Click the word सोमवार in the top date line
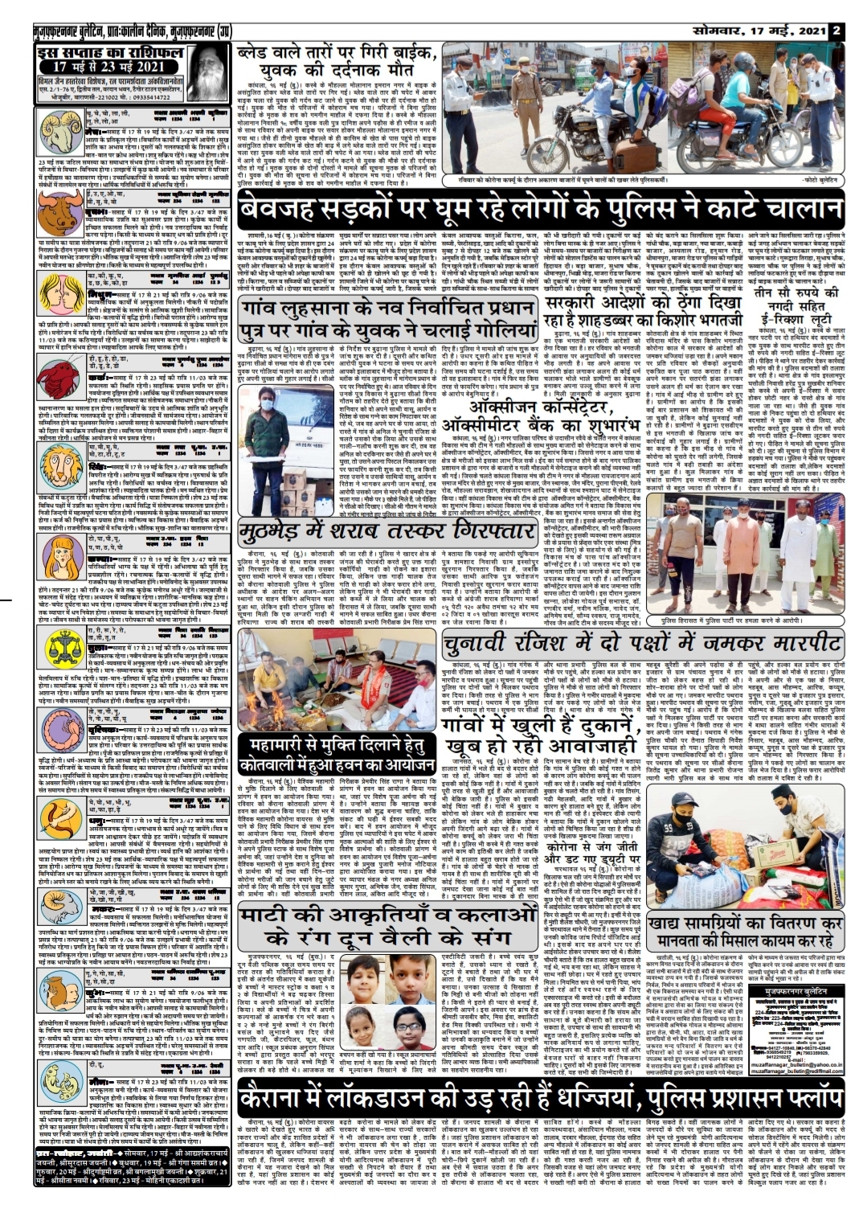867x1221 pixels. coord(705,9)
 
